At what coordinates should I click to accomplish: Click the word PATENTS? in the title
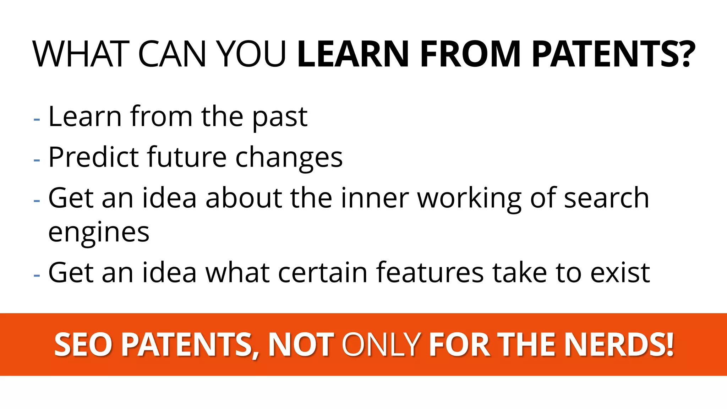(613, 54)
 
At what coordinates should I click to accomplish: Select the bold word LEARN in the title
(353, 54)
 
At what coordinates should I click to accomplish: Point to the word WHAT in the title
(81, 54)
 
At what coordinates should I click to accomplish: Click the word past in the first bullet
(280, 117)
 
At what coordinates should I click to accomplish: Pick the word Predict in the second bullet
(93, 157)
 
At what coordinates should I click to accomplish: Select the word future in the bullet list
(187, 157)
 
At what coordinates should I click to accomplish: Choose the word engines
(99, 233)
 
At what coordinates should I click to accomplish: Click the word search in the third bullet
(606, 198)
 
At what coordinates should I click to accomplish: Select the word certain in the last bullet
(323, 273)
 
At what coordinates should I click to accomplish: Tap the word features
(430, 273)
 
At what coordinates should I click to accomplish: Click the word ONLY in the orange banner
(381, 344)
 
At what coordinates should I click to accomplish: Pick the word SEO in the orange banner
(83, 344)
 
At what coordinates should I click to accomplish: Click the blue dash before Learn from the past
(37, 120)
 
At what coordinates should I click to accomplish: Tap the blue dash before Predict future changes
(37, 160)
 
